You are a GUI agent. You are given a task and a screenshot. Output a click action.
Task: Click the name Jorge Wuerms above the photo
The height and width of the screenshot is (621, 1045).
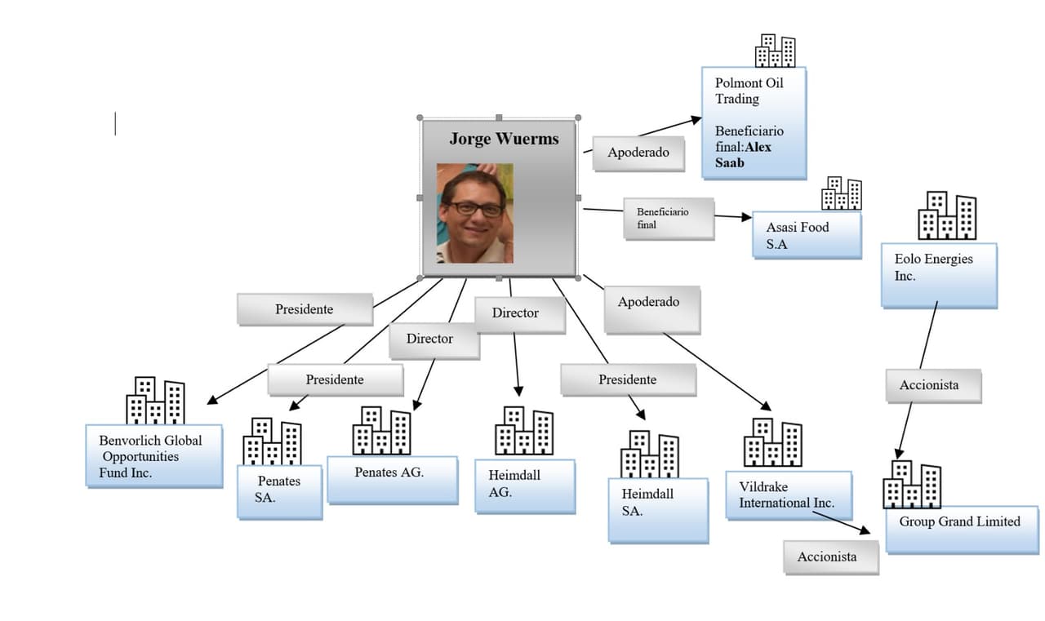(504, 139)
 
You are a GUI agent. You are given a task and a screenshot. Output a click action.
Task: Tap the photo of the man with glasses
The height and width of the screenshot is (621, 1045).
(474, 213)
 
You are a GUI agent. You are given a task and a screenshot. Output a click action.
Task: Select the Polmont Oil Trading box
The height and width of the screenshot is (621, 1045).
(754, 122)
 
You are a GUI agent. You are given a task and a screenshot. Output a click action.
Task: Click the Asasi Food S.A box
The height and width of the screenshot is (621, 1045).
(806, 235)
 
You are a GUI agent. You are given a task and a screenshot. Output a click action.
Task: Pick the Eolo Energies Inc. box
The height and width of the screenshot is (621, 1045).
(939, 274)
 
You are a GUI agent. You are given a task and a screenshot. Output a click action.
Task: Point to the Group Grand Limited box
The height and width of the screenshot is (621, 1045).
(961, 529)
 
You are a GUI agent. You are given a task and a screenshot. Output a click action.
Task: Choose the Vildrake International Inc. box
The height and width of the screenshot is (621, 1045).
(788, 495)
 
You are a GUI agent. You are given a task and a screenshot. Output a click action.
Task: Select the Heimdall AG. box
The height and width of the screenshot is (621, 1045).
(524, 486)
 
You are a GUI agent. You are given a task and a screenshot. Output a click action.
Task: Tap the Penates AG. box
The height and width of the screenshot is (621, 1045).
(392, 479)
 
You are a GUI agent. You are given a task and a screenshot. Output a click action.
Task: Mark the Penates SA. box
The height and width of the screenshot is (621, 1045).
(279, 491)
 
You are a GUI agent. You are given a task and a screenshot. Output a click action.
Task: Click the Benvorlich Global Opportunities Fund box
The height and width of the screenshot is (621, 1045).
(154, 456)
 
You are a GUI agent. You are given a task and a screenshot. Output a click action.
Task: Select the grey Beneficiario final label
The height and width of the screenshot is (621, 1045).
(668, 218)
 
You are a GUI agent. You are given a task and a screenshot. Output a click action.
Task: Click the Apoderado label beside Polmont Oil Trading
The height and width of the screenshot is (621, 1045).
(638, 153)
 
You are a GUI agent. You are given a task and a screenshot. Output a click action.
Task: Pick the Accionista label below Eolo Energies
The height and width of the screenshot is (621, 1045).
(932, 385)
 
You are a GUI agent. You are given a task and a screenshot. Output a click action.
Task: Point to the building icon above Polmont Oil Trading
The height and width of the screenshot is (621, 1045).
(775, 51)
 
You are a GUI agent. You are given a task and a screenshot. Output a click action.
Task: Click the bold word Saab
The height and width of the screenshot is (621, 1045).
(730, 162)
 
